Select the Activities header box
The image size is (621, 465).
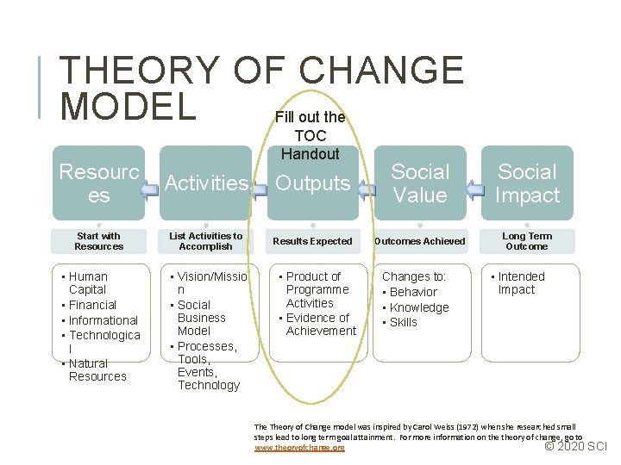click(207, 183)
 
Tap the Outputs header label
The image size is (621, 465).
click(312, 183)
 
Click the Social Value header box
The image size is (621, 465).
click(420, 183)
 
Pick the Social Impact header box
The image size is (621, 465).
click(527, 183)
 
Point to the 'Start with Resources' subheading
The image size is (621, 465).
click(98, 241)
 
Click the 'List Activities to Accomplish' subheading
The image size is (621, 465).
click(206, 241)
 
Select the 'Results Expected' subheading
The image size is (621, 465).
click(312, 241)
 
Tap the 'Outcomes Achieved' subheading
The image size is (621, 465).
click(419, 241)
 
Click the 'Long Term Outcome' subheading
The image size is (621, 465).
click(526, 241)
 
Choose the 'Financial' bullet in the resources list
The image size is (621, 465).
click(92, 305)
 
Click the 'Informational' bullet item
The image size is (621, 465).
click(103, 320)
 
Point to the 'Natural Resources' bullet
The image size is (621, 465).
click(97, 370)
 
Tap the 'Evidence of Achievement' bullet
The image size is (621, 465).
click(320, 325)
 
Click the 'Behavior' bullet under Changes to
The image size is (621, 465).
click(413, 292)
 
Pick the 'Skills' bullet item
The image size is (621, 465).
click(403, 322)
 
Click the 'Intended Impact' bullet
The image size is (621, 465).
click(521, 283)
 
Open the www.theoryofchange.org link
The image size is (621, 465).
click(299, 448)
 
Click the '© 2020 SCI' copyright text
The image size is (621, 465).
click(576, 446)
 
